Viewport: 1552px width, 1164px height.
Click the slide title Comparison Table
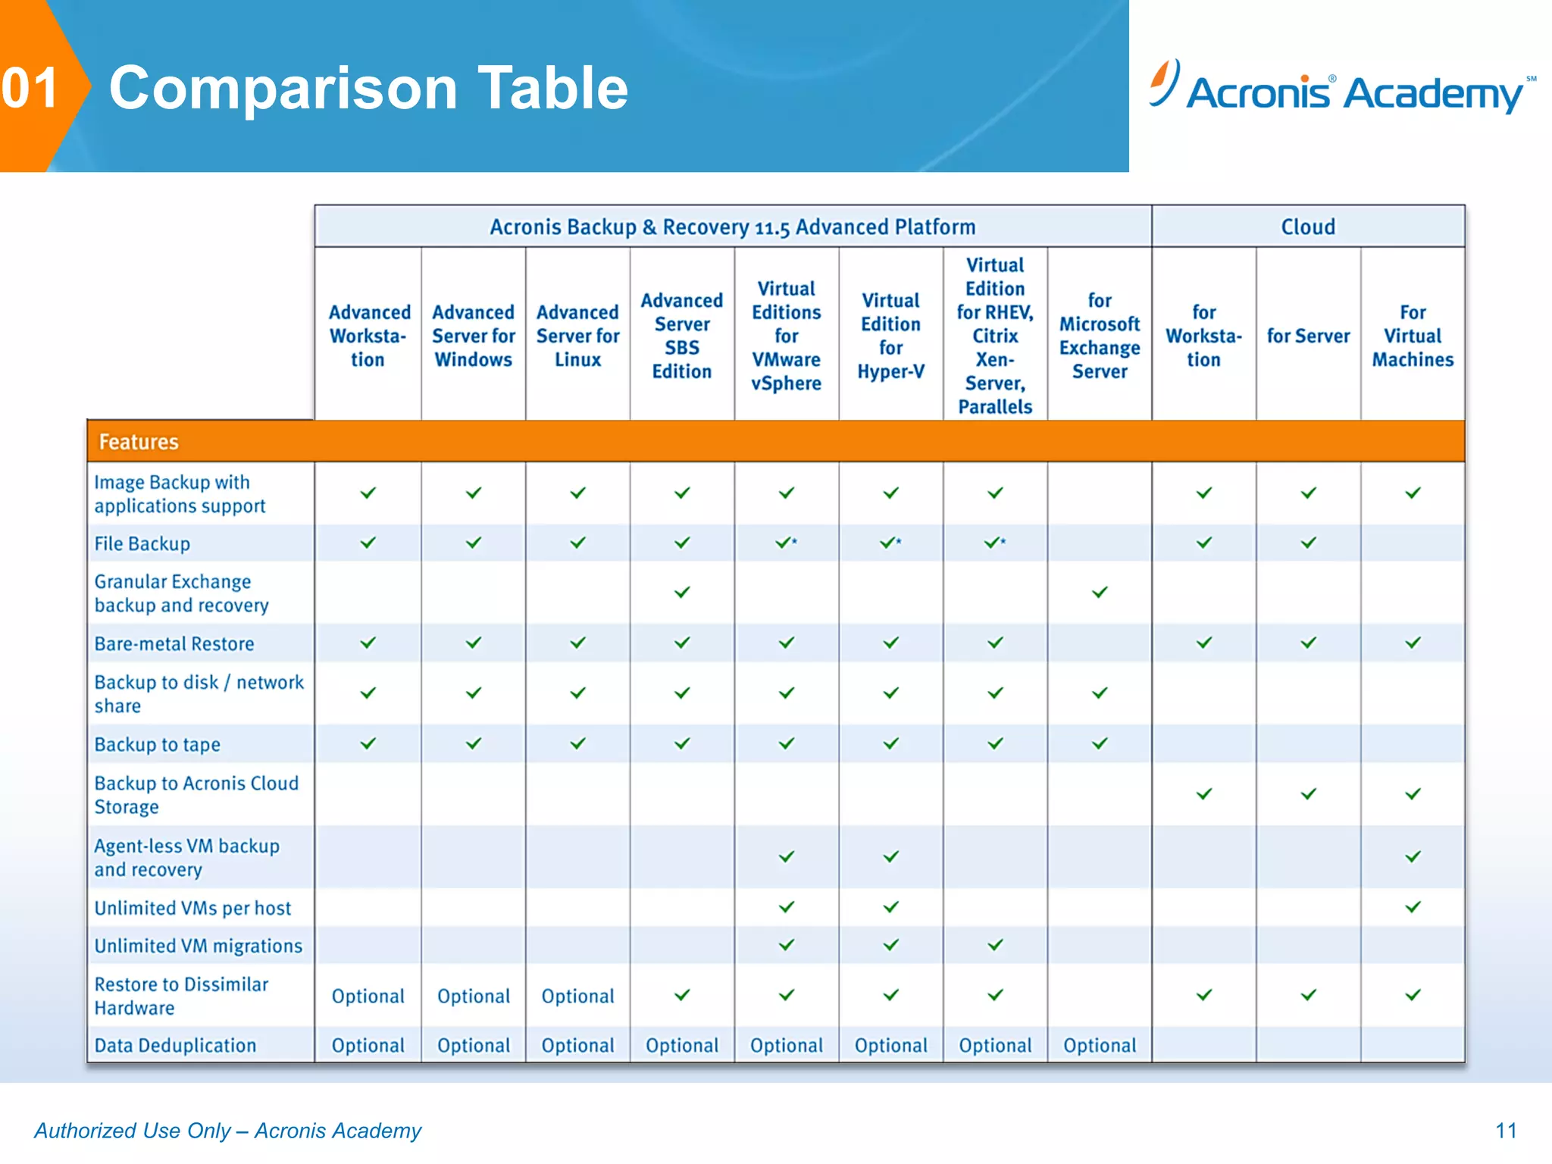[x=368, y=88]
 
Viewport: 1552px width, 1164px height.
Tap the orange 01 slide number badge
[x=32, y=88]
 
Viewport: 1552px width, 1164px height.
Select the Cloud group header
[x=1308, y=227]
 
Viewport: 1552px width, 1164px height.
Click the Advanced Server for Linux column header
[x=577, y=336]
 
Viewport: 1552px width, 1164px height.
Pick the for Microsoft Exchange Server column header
[x=1099, y=336]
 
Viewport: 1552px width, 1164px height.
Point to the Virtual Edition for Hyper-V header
[x=890, y=336]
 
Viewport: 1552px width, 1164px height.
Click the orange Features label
[x=139, y=442]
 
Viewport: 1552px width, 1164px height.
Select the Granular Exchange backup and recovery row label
[x=182, y=593]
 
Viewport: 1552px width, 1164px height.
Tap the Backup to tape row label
[x=158, y=744]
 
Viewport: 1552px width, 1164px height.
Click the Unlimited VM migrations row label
[x=199, y=946]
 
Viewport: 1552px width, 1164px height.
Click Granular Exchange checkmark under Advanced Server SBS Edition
[x=682, y=592]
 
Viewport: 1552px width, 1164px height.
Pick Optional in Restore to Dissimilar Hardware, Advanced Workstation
[x=368, y=996]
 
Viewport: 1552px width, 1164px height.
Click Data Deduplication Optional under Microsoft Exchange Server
[x=1099, y=1045]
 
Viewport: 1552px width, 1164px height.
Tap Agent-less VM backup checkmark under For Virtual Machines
[x=1413, y=856]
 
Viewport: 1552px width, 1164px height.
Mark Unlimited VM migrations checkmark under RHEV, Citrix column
[x=995, y=945]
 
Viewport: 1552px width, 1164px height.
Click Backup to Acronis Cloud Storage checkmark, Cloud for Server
[x=1308, y=794]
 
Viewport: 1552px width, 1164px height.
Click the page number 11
[x=1506, y=1131]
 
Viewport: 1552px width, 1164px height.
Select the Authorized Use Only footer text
[x=227, y=1131]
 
